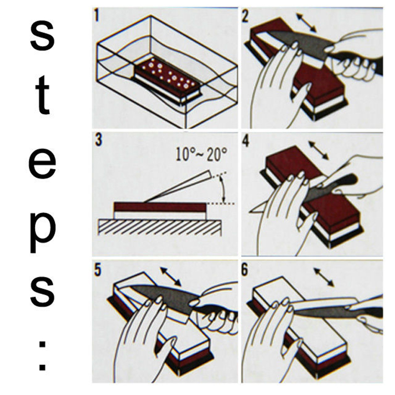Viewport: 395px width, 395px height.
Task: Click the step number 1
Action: (96, 16)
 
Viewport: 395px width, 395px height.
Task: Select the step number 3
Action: (98, 140)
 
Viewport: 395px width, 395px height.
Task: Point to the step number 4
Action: (245, 141)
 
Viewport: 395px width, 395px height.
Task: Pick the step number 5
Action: (97, 270)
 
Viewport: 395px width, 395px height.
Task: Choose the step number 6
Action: (245, 270)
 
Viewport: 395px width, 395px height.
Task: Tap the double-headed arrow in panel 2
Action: (306, 23)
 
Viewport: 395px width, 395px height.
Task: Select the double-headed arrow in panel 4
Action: (319, 151)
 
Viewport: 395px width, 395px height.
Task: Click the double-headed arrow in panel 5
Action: (171, 276)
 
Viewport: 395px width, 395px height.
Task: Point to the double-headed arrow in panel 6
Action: (324, 278)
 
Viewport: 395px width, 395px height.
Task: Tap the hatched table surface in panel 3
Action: (160, 228)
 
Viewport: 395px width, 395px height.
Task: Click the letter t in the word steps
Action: (43, 95)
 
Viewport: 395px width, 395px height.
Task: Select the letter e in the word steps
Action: (42, 164)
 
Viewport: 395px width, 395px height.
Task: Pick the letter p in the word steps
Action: (42, 232)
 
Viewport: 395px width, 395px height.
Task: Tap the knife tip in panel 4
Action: (250, 212)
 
